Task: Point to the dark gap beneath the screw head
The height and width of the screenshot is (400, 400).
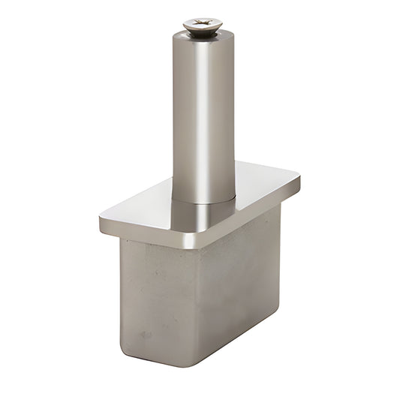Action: (200, 35)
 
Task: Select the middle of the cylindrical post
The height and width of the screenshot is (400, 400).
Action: (202, 113)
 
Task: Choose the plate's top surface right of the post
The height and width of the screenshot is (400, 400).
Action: (263, 184)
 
